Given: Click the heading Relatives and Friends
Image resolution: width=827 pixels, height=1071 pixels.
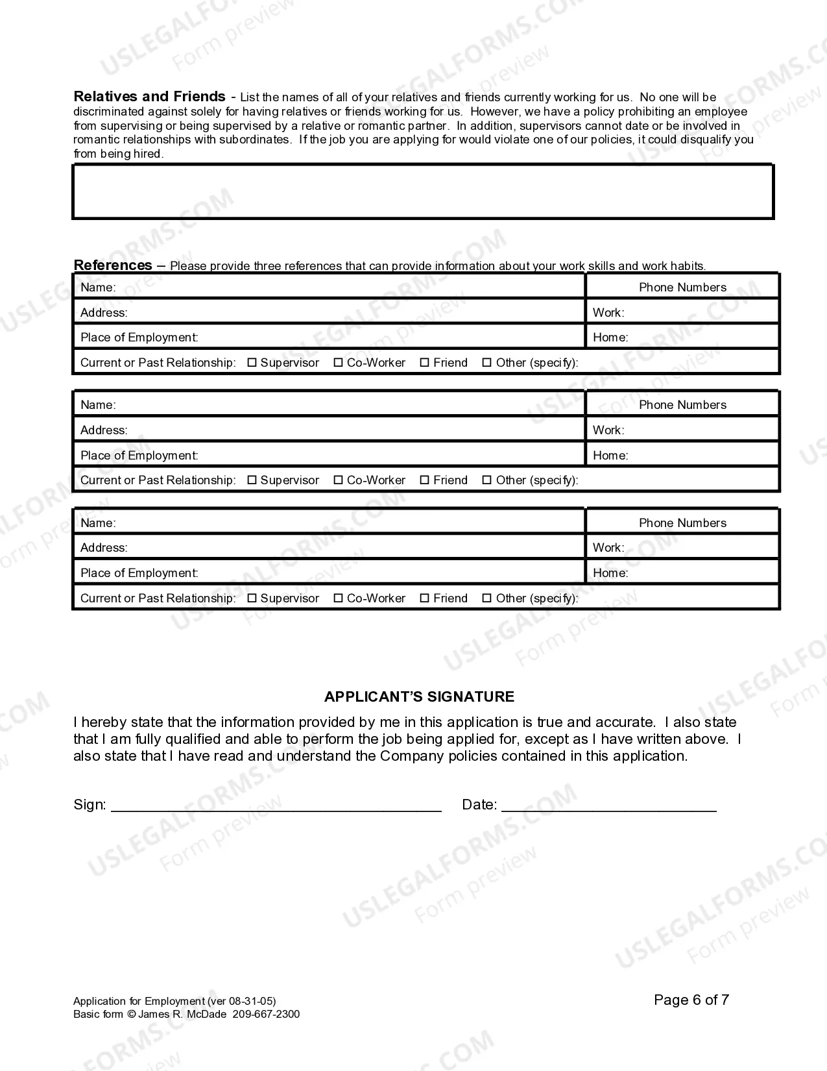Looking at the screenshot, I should coord(149,97).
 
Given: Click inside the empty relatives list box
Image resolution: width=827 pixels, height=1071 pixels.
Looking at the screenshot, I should coord(422,191).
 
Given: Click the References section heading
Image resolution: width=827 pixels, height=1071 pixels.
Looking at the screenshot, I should coord(113,265).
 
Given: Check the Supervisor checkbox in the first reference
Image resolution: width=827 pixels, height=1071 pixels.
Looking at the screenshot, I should coord(252,363).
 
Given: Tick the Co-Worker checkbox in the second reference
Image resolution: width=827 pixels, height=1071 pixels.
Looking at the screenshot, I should coord(338,480).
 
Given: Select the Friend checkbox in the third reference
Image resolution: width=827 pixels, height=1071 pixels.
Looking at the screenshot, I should coord(424,598).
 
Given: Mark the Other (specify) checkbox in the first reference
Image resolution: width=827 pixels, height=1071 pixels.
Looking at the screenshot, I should coord(486,363).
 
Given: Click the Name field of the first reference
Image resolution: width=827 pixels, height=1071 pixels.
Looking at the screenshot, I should coord(350,287).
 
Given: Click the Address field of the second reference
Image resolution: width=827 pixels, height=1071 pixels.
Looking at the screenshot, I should coord(357,430).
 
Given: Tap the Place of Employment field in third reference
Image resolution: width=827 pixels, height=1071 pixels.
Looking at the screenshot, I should coord(389,572).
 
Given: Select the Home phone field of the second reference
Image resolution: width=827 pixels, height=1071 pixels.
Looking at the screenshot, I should coord(701,455).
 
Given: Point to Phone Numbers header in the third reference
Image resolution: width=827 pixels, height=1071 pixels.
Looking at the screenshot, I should coord(682,523).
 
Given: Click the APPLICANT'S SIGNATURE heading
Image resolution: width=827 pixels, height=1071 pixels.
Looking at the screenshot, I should coord(419,696).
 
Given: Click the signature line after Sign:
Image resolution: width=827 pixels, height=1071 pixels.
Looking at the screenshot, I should coord(276,805).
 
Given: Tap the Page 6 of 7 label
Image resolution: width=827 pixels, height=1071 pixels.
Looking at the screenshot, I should coord(691,1000).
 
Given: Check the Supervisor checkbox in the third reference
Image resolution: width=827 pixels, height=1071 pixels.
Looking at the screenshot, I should coord(252,598).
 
